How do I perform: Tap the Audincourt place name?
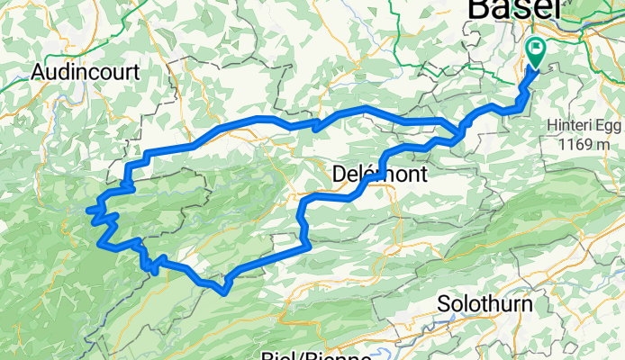84,72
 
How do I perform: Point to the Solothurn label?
484,304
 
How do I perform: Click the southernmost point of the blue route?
222,290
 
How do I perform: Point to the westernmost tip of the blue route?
89,211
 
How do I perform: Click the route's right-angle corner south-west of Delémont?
308,243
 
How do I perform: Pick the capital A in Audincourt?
38,72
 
